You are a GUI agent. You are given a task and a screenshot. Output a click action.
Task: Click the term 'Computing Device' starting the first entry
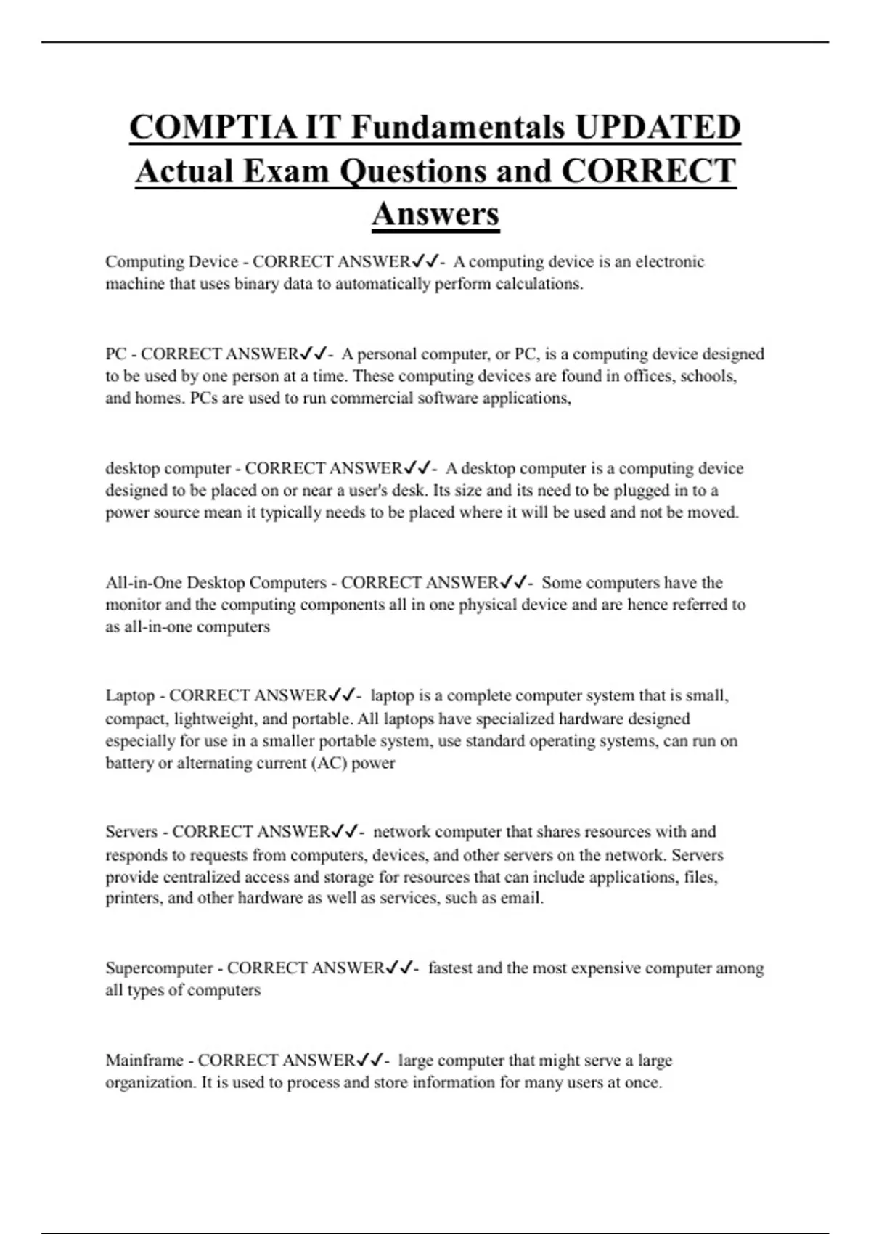[x=171, y=262]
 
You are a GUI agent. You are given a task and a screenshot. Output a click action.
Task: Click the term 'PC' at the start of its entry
[x=116, y=354]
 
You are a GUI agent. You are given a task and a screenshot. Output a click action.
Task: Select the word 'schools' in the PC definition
[x=708, y=376]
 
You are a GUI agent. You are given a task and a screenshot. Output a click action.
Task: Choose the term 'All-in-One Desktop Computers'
[x=216, y=583]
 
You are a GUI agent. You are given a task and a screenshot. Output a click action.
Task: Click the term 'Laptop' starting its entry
[x=131, y=696]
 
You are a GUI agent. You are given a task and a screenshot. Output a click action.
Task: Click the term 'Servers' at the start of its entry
[x=131, y=832]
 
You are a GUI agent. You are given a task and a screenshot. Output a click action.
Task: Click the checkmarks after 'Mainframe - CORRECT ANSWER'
[x=370, y=1061]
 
